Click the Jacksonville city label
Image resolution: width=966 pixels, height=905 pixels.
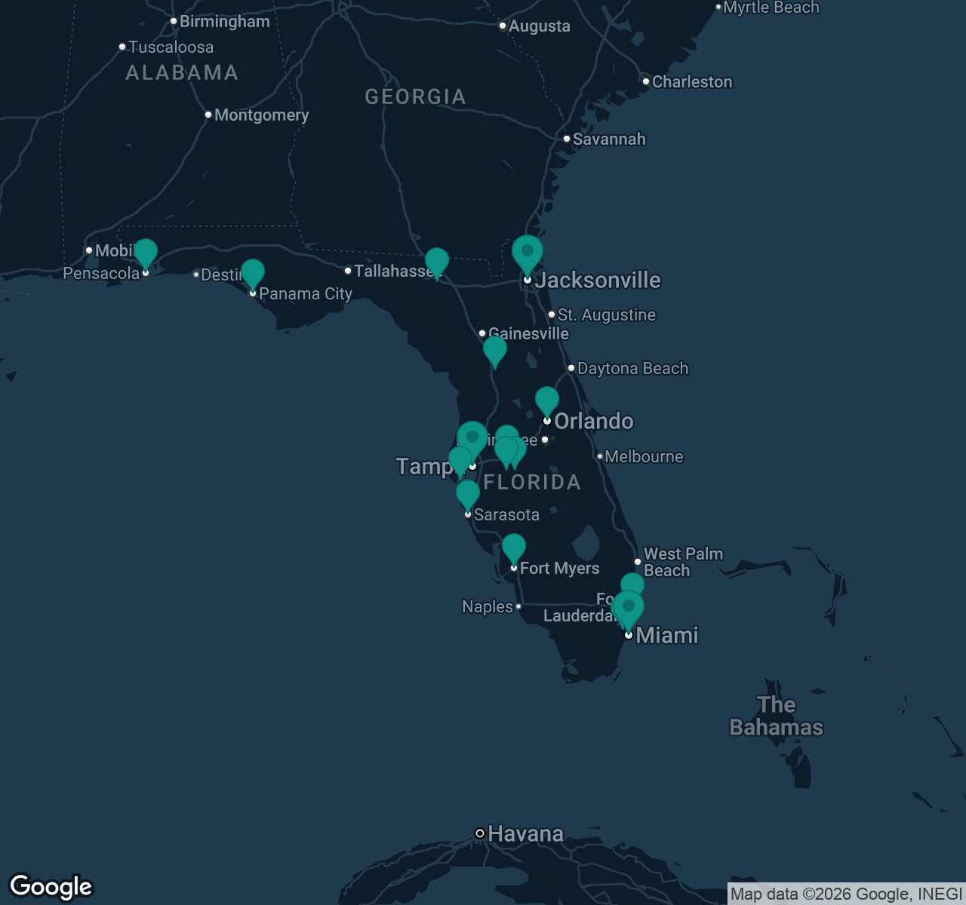pyautogui.click(x=598, y=281)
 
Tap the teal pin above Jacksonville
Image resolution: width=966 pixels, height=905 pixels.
pyautogui.click(x=528, y=253)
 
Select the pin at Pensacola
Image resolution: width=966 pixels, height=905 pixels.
pyautogui.click(x=146, y=253)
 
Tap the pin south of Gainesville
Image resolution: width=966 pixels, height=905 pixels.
pyautogui.click(x=495, y=350)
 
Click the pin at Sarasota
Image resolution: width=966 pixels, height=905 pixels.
pyautogui.click(x=468, y=495)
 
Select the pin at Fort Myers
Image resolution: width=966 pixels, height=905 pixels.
pyautogui.click(x=514, y=548)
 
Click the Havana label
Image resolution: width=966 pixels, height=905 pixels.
pyautogui.click(x=525, y=833)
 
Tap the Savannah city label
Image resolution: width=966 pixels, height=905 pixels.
pyautogui.click(x=608, y=139)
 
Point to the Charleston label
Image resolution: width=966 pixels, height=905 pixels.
pyautogui.click(x=691, y=81)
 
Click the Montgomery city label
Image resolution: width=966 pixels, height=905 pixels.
pyautogui.click(x=261, y=115)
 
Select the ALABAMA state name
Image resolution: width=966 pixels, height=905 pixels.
pyautogui.click(x=182, y=72)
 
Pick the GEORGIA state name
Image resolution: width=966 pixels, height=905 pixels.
pyautogui.click(x=415, y=97)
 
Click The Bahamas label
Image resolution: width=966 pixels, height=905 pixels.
pyautogui.click(x=776, y=716)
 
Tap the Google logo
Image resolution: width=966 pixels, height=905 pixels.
pyautogui.click(x=51, y=887)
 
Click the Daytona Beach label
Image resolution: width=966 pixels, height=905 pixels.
pyautogui.click(x=632, y=368)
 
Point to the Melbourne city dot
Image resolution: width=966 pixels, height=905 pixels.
pyautogui.click(x=600, y=456)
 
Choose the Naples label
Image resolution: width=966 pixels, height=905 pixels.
pyautogui.click(x=488, y=606)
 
